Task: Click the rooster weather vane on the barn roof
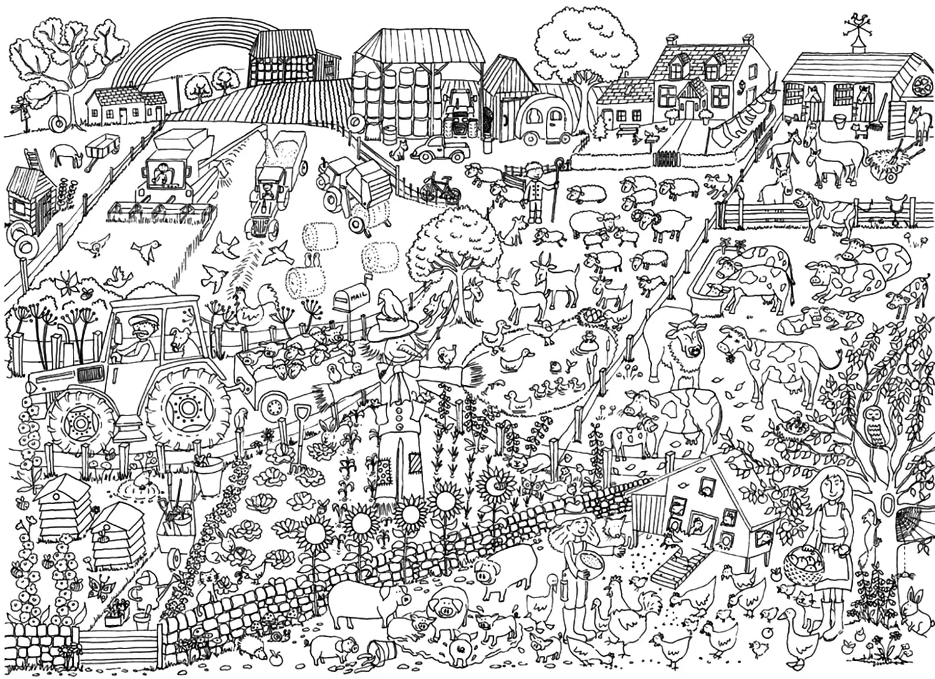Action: tap(850, 24)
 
